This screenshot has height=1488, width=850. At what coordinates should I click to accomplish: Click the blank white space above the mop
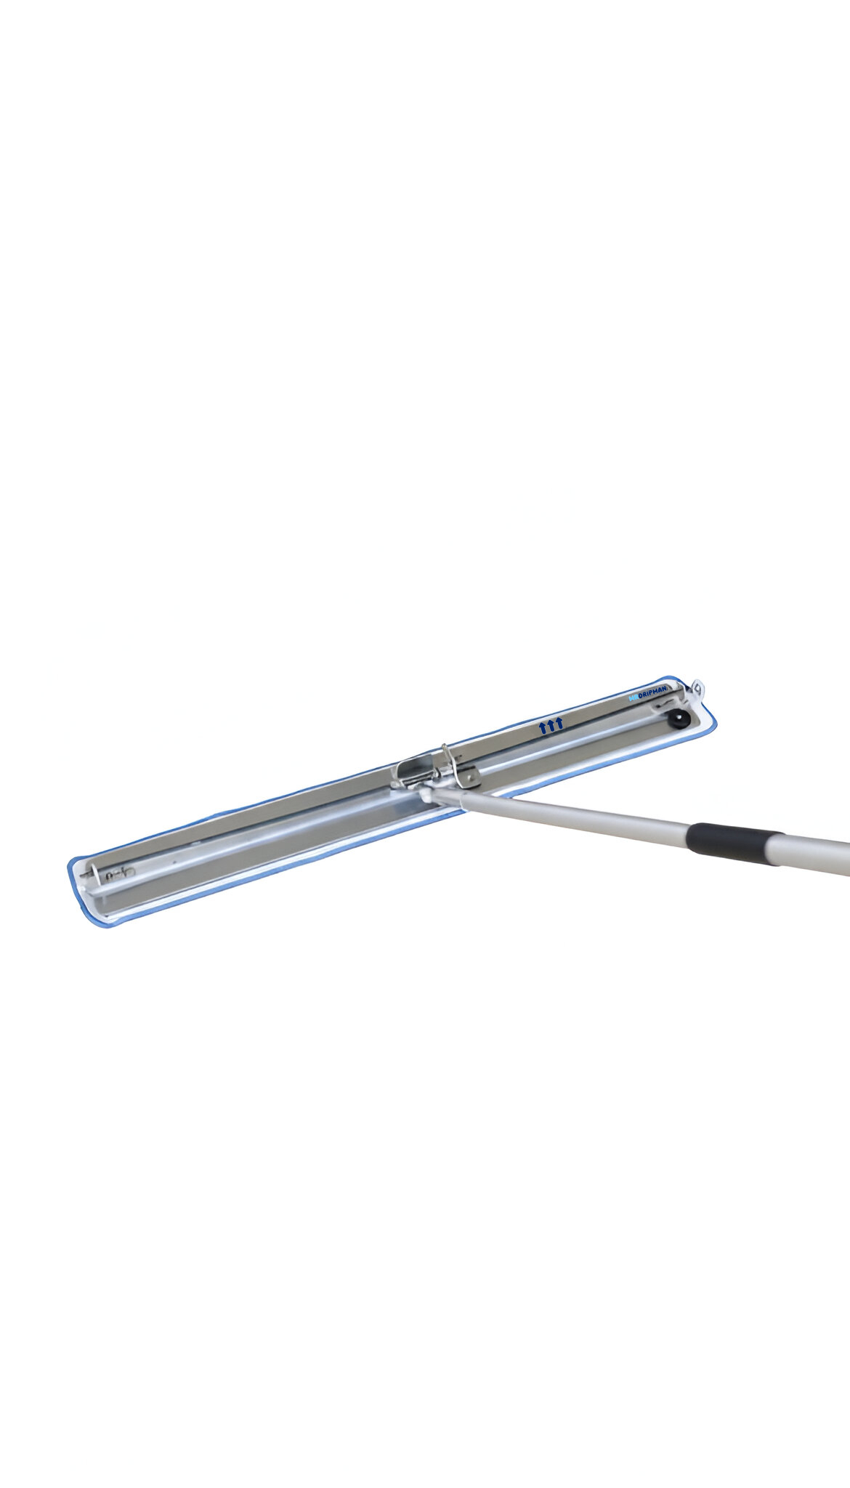click(x=425, y=291)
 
